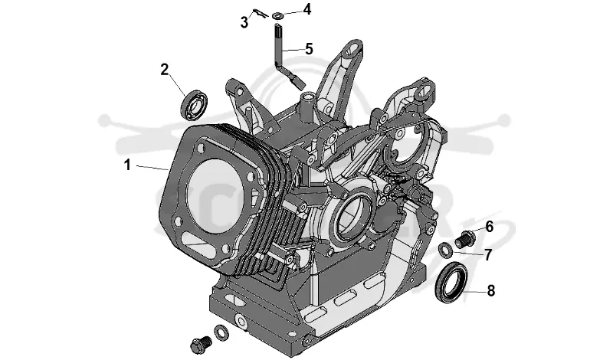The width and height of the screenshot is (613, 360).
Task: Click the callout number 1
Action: [x=127, y=165]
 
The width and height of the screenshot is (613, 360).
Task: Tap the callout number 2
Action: [x=165, y=70]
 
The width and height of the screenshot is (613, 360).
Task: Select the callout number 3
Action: [x=244, y=22]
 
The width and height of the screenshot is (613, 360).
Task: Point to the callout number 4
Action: [x=307, y=9]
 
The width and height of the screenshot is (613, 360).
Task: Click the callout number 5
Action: [x=309, y=49]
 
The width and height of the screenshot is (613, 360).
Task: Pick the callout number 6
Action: [x=490, y=226]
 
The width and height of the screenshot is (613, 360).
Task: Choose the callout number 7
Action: [x=487, y=255]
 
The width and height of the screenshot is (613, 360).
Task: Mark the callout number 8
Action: [x=491, y=290]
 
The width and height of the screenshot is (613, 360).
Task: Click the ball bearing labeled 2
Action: [x=193, y=105]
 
